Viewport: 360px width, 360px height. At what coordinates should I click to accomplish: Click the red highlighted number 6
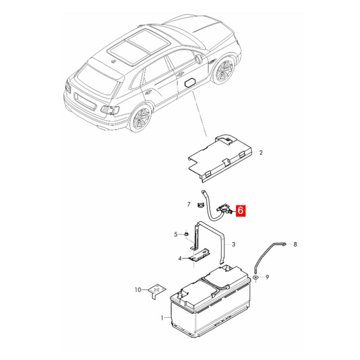tap(240, 211)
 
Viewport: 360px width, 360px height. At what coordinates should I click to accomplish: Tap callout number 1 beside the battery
tap(162, 318)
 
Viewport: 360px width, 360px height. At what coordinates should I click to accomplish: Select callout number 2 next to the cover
tap(261, 153)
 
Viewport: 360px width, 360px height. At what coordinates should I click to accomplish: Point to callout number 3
tap(233, 244)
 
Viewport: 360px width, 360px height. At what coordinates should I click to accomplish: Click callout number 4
tap(180, 258)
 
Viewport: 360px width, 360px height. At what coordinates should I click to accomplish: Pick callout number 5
tap(175, 234)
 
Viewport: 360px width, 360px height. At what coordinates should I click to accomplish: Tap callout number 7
tap(189, 204)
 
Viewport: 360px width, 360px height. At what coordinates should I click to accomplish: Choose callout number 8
tap(295, 244)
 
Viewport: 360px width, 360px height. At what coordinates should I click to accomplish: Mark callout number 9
tap(267, 277)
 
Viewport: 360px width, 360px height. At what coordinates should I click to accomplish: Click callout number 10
tap(138, 290)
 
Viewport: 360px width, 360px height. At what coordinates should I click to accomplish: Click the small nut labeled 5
tap(186, 234)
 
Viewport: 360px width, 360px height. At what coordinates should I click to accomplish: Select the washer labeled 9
tap(256, 277)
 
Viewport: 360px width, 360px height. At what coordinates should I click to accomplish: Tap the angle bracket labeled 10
tap(156, 291)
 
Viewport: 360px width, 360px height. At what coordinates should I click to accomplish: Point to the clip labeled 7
tap(200, 205)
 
